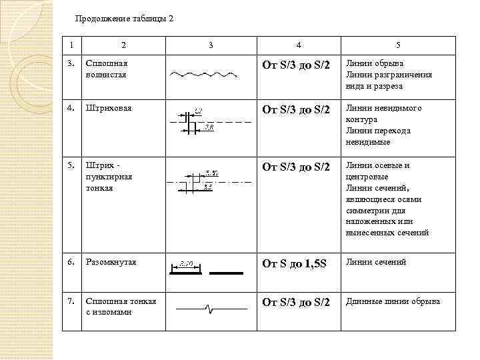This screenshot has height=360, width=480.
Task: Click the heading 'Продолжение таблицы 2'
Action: click(x=124, y=19)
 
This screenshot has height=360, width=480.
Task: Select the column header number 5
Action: click(x=398, y=45)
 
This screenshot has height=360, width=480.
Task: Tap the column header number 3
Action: click(x=211, y=45)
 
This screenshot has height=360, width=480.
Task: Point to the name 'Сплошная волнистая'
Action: click(x=105, y=69)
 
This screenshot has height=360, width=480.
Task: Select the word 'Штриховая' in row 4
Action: click(x=107, y=108)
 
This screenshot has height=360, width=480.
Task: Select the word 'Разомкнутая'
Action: click(x=111, y=262)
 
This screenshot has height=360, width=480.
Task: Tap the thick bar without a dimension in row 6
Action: click(x=227, y=272)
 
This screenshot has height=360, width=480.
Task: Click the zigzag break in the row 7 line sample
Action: click(x=210, y=309)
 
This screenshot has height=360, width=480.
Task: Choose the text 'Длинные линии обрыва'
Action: click(x=393, y=301)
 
